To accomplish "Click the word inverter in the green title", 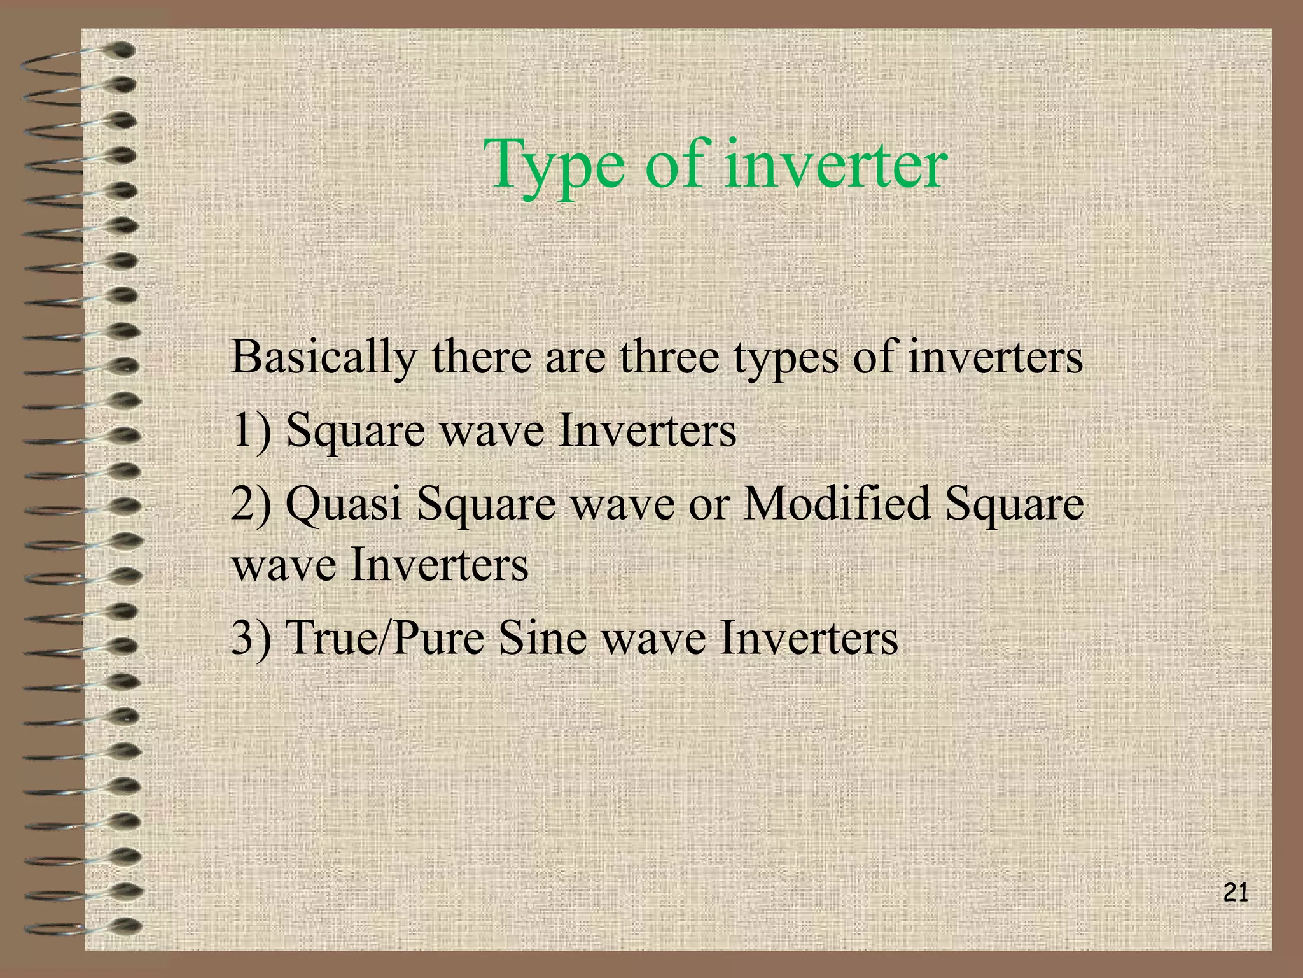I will click(x=835, y=164).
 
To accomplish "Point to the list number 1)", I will click(x=251, y=431).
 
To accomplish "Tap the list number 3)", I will click(x=251, y=638).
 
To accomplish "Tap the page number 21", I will click(x=1236, y=893).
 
